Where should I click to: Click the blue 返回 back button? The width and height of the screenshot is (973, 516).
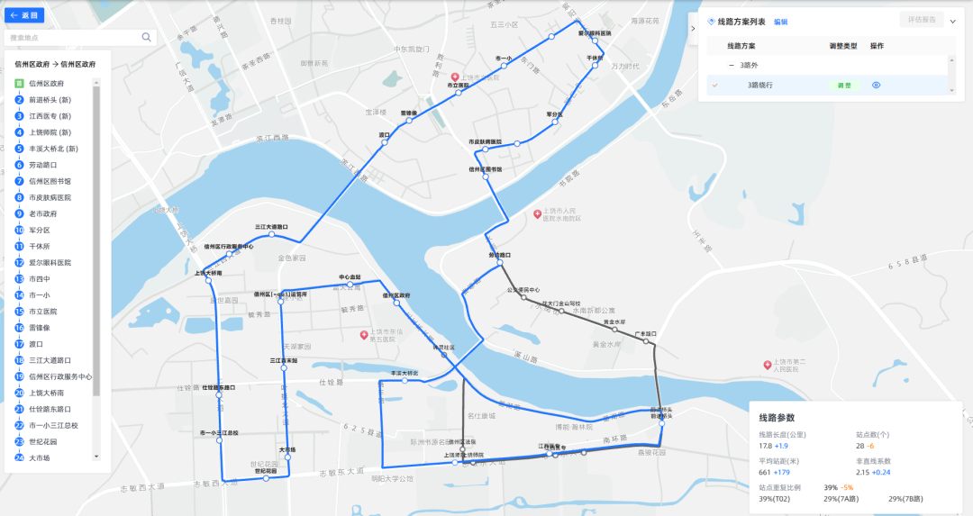[x=23, y=15]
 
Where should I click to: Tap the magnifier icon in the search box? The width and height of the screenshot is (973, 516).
[x=146, y=37]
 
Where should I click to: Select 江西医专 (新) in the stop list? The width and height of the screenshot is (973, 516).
[x=50, y=116]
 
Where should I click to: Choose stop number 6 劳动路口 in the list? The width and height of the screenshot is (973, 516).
[x=42, y=165]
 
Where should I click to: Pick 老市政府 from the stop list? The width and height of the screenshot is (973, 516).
[x=42, y=213]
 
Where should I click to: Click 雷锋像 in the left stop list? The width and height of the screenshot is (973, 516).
[x=40, y=328]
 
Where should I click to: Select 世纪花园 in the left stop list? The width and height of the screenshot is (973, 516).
[x=42, y=441]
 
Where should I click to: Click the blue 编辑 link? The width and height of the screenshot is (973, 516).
[x=780, y=22]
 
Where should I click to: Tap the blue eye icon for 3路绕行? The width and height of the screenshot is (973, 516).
[x=876, y=85]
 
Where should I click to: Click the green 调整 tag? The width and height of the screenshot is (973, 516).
[x=840, y=86]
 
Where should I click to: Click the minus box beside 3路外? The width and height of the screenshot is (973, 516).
[x=732, y=65]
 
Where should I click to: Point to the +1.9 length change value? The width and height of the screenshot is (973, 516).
[x=781, y=446]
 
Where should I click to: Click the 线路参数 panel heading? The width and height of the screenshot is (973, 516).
[x=777, y=418]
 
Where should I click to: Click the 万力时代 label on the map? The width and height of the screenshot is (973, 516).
[x=625, y=66]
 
